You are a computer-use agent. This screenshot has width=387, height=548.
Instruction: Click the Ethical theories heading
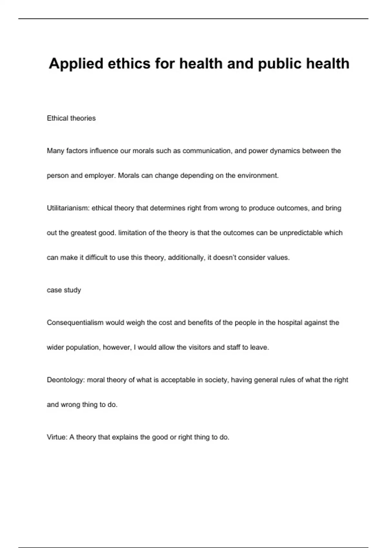71,118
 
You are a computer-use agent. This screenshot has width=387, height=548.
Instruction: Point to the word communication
207,151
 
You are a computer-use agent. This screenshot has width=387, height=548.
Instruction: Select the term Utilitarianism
68,208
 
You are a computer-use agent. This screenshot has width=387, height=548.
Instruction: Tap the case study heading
64,290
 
